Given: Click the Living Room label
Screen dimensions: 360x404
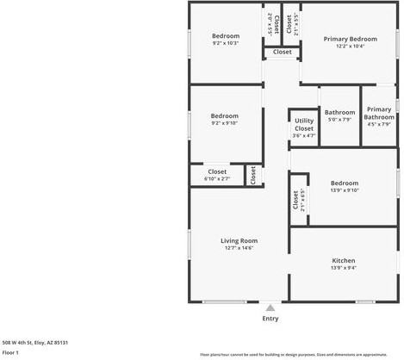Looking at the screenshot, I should tap(239, 240).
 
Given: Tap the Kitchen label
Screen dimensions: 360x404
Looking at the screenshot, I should tap(344, 260).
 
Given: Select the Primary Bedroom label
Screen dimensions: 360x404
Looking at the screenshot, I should tap(351, 39).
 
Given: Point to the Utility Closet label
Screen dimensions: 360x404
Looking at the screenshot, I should tap(304, 124).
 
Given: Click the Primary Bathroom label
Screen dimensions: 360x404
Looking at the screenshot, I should tap(379, 113).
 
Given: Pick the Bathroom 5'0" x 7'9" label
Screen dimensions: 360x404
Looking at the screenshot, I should tap(339, 112).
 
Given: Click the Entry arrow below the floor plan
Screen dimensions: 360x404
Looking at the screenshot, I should tap(270, 307).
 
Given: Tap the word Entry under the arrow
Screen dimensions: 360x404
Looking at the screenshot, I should tap(270, 319).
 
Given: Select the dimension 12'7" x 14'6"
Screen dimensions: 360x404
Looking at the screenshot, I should tap(239, 248).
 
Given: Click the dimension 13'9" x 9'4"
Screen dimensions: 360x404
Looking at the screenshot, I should tap(344, 268).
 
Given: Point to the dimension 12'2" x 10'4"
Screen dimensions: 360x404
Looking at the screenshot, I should tap(351, 47).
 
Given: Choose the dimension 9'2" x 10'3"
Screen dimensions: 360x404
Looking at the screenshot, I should tap(225, 43).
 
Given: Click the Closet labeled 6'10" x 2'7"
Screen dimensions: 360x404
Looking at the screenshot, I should tap(217, 171).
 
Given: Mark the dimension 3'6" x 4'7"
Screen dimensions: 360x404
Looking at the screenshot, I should tap(304, 135).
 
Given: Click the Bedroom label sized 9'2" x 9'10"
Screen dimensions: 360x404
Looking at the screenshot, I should tap(225, 115).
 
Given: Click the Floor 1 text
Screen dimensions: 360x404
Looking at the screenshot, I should tap(10, 352).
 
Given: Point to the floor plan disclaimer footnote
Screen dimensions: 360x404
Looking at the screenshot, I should tap(293, 354).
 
